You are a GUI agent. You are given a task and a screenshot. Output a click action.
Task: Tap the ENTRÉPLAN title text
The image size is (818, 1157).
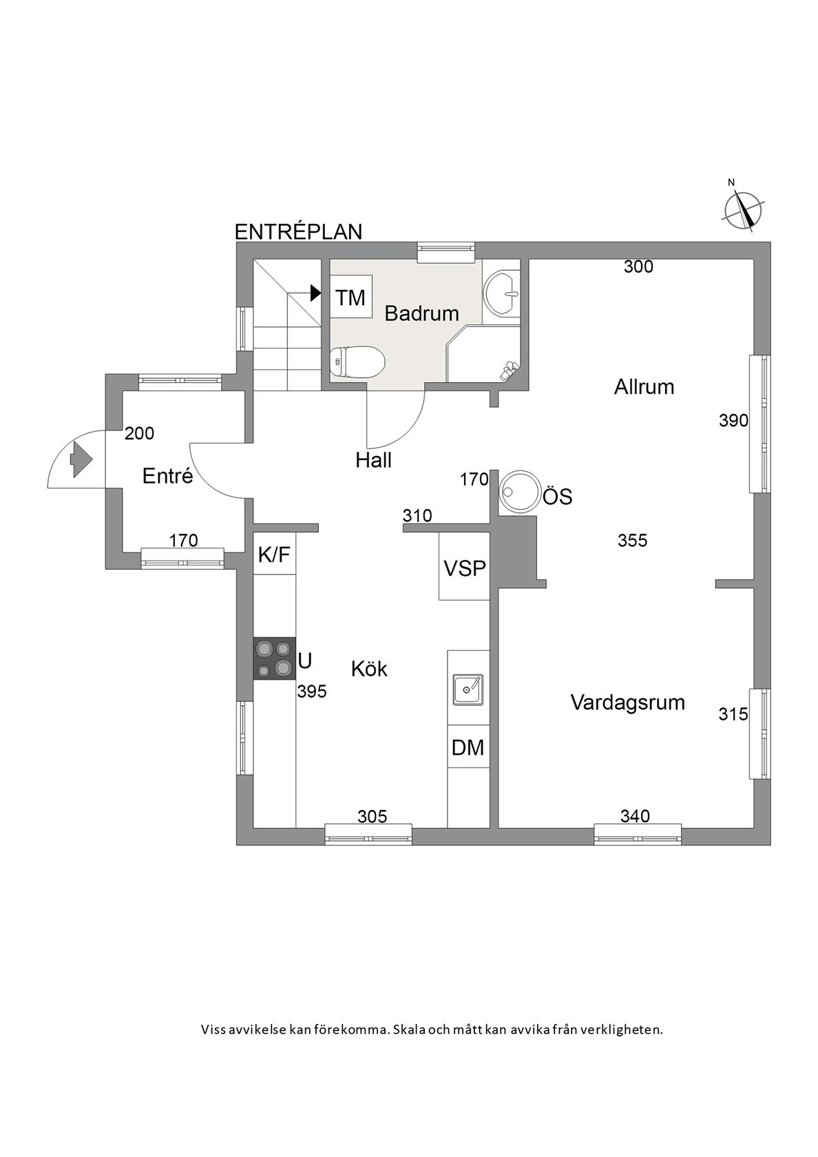click(299, 232)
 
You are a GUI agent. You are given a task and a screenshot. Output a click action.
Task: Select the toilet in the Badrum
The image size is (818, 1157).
click(357, 362)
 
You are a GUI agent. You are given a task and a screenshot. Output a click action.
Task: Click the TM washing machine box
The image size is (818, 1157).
click(350, 298)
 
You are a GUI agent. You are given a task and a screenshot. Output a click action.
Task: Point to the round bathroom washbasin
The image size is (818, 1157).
click(501, 293)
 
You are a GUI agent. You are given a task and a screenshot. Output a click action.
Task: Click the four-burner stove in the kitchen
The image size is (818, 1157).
click(274, 658)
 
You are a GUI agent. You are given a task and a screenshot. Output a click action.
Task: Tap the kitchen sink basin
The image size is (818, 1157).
click(468, 689)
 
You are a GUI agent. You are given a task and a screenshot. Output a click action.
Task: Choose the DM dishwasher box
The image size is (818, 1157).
click(468, 747)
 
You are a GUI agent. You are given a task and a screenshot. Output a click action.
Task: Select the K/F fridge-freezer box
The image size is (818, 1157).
click(274, 554)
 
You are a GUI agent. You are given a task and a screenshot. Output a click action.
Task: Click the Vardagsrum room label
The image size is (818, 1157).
click(627, 702)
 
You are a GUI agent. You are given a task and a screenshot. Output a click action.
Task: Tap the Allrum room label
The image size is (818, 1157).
click(644, 387)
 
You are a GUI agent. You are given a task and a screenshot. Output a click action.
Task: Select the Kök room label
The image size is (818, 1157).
click(369, 669)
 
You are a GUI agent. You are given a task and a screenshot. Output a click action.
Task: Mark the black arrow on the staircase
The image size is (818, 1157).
click(315, 293)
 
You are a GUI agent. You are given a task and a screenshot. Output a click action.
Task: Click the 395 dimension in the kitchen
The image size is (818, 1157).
click(312, 691)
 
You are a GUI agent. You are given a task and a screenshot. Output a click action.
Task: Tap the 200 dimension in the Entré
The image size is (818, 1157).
click(139, 433)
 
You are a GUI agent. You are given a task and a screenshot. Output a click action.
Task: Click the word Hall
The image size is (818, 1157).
click(373, 460)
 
